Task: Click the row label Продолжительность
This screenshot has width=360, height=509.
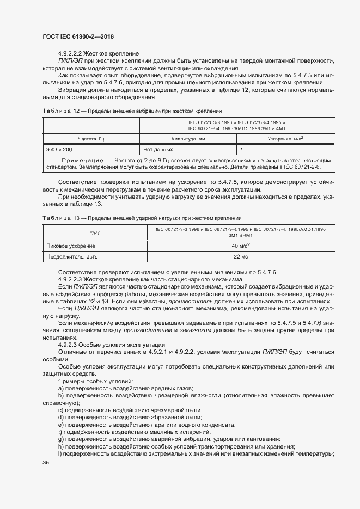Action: [x=72, y=256]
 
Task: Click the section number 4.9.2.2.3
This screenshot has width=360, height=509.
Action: [x=75, y=279]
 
